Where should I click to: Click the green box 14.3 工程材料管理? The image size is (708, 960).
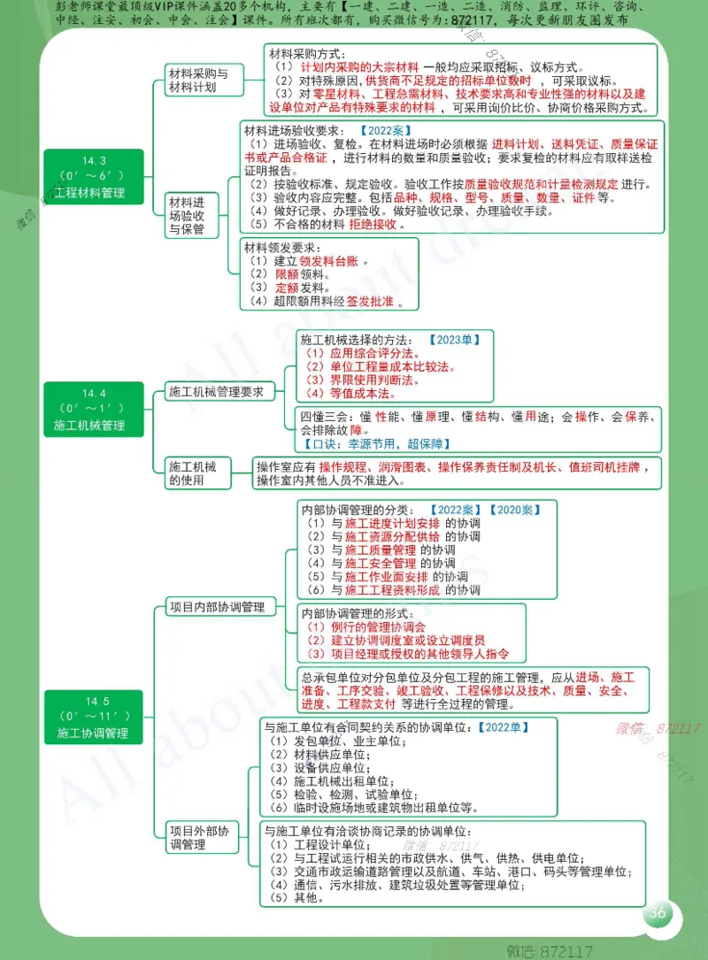point(93,177)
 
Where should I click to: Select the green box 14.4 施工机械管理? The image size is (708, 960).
point(93,410)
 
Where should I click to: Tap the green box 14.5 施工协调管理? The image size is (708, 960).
point(93,718)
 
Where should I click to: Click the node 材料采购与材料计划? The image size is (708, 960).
point(198,81)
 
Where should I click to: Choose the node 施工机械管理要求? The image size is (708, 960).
point(217,392)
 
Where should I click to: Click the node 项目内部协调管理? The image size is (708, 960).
point(217,608)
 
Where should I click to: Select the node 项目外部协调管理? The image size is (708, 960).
point(199,838)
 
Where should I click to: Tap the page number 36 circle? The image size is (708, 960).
point(658,914)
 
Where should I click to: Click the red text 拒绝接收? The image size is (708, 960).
point(377,225)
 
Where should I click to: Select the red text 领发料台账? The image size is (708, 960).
point(328,261)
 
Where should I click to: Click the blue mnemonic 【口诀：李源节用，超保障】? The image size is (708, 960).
point(372,444)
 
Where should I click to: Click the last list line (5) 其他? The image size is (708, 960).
point(296,897)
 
